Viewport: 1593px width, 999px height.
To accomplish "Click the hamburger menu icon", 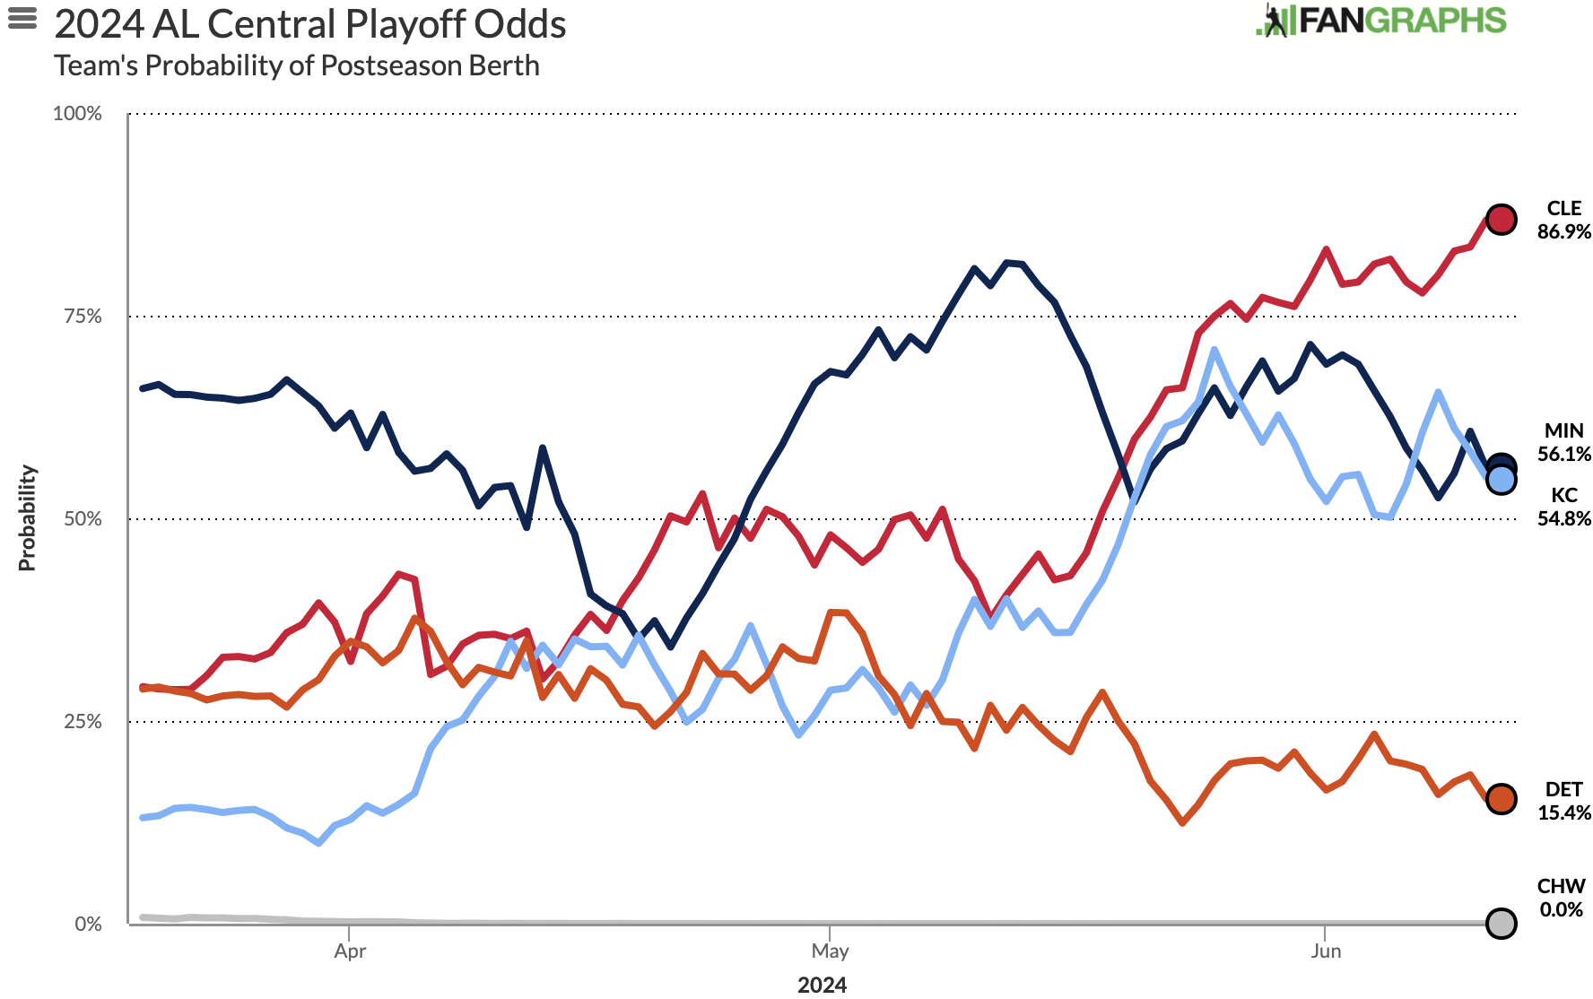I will (x=22, y=19).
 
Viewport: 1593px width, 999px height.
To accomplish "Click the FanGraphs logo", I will (x=1381, y=21).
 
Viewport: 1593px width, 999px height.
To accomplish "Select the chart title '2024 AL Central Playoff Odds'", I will (x=310, y=24).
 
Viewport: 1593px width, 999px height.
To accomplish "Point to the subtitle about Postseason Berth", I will (x=297, y=65).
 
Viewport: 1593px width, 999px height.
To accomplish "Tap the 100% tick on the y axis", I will (x=78, y=114).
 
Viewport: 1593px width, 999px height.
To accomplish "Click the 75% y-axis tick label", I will (x=83, y=317).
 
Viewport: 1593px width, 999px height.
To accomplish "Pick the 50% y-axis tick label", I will (x=83, y=519).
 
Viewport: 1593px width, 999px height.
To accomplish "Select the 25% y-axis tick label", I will (x=83, y=722).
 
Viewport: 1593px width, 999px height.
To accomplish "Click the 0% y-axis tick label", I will (x=88, y=925).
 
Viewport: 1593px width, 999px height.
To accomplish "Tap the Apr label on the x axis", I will (x=350, y=951).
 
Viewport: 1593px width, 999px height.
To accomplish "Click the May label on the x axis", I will (x=830, y=951).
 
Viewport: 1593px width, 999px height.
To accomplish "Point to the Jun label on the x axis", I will (x=1326, y=951).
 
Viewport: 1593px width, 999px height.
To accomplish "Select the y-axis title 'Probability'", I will (x=28, y=517).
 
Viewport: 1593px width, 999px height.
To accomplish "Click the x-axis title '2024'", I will (x=822, y=985).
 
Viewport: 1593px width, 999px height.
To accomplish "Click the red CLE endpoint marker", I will (x=1502, y=219).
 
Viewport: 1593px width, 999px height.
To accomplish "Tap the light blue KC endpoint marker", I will (x=1502, y=481).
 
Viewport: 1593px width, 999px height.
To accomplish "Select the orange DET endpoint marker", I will (x=1502, y=799).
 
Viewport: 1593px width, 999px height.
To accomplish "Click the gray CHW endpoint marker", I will (x=1502, y=923).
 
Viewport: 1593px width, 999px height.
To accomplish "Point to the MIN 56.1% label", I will (x=1563, y=443).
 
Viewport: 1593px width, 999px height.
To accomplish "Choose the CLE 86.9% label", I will (x=1563, y=220).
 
